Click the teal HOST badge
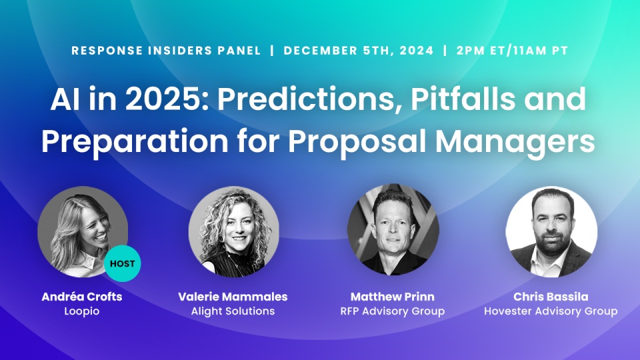pyautogui.click(x=123, y=264)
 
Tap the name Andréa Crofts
pyautogui.click(x=81, y=297)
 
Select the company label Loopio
pyautogui.click(x=81, y=311)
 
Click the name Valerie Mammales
pyautogui.click(x=233, y=297)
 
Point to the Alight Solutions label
pyautogui.click(x=233, y=311)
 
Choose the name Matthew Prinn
pyautogui.click(x=393, y=297)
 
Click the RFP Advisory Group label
pyautogui.click(x=393, y=311)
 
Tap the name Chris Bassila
pyautogui.click(x=551, y=297)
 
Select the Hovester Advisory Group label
pyautogui.click(x=551, y=311)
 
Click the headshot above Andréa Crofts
pyautogui.click(x=83, y=232)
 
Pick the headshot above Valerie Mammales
pyautogui.click(x=234, y=232)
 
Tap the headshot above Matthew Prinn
pyautogui.click(x=393, y=230)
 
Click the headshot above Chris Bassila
pyautogui.click(x=551, y=232)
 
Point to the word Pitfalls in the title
pyautogui.click(x=463, y=99)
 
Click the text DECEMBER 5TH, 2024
pyautogui.click(x=359, y=51)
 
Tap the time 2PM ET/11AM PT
pyautogui.click(x=512, y=51)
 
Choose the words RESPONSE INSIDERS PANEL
pyautogui.click(x=166, y=51)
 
